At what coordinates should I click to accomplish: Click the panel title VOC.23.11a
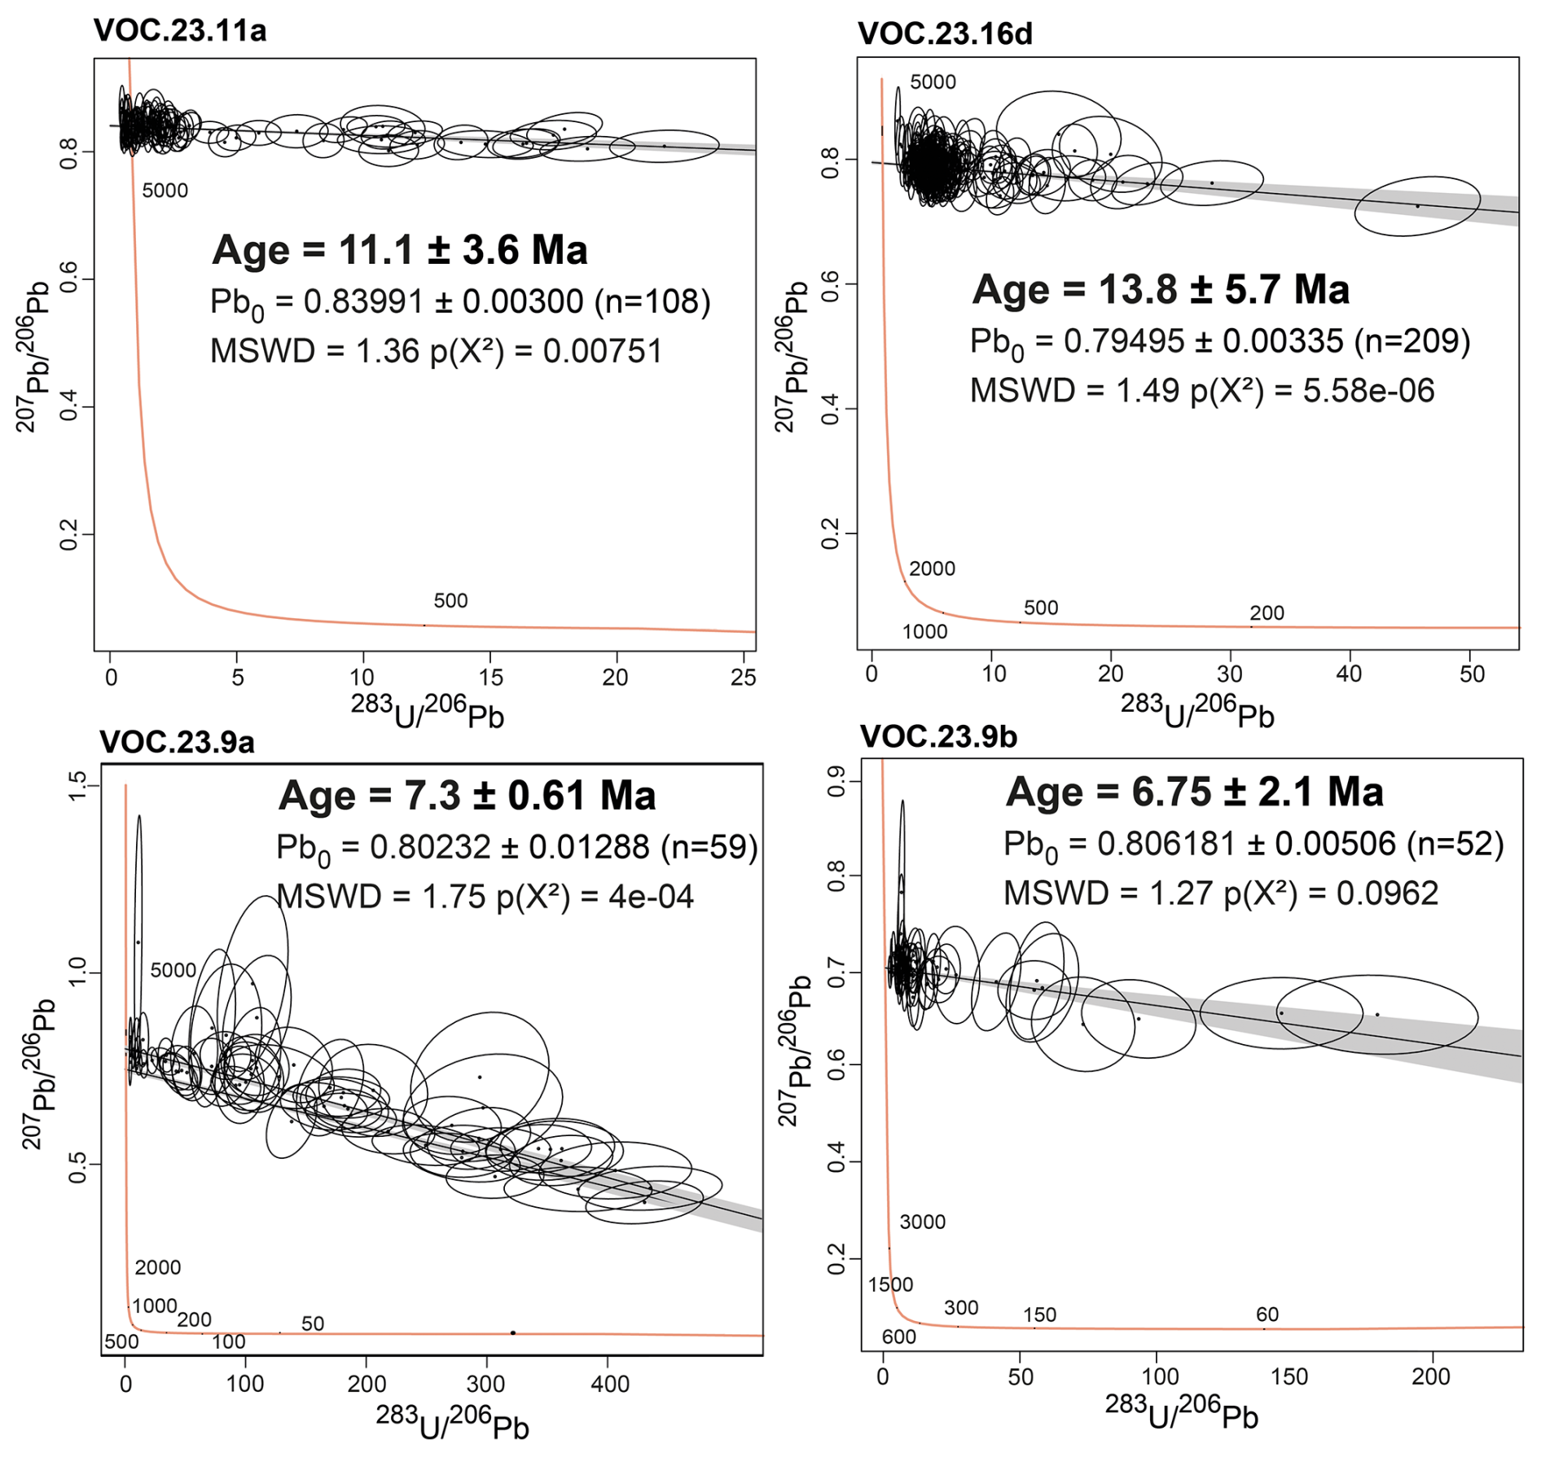[179, 31]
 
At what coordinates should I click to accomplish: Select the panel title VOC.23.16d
[944, 34]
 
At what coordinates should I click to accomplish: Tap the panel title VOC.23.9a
[177, 742]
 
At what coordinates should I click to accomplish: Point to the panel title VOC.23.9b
[938, 737]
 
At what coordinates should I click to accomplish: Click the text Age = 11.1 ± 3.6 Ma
[399, 250]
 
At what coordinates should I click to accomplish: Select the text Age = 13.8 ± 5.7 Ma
[1161, 290]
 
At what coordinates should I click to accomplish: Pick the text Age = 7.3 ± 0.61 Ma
[467, 796]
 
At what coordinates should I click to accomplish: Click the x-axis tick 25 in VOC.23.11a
[743, 678]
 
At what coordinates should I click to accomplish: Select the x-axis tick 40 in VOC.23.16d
[1349, 674]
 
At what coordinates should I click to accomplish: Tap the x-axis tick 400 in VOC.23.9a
[609, 1384]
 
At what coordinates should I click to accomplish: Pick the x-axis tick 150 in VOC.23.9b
[1289, 1377]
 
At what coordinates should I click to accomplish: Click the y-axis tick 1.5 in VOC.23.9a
[78, 786]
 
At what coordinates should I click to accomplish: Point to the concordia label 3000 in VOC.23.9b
[922, 1222]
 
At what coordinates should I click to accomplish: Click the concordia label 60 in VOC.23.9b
[1267, 1314]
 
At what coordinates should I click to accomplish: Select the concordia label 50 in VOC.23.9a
[313, 1323]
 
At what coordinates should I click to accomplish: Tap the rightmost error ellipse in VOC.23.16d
[1417, 206]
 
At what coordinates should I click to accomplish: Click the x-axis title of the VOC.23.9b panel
[1181, 1414]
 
